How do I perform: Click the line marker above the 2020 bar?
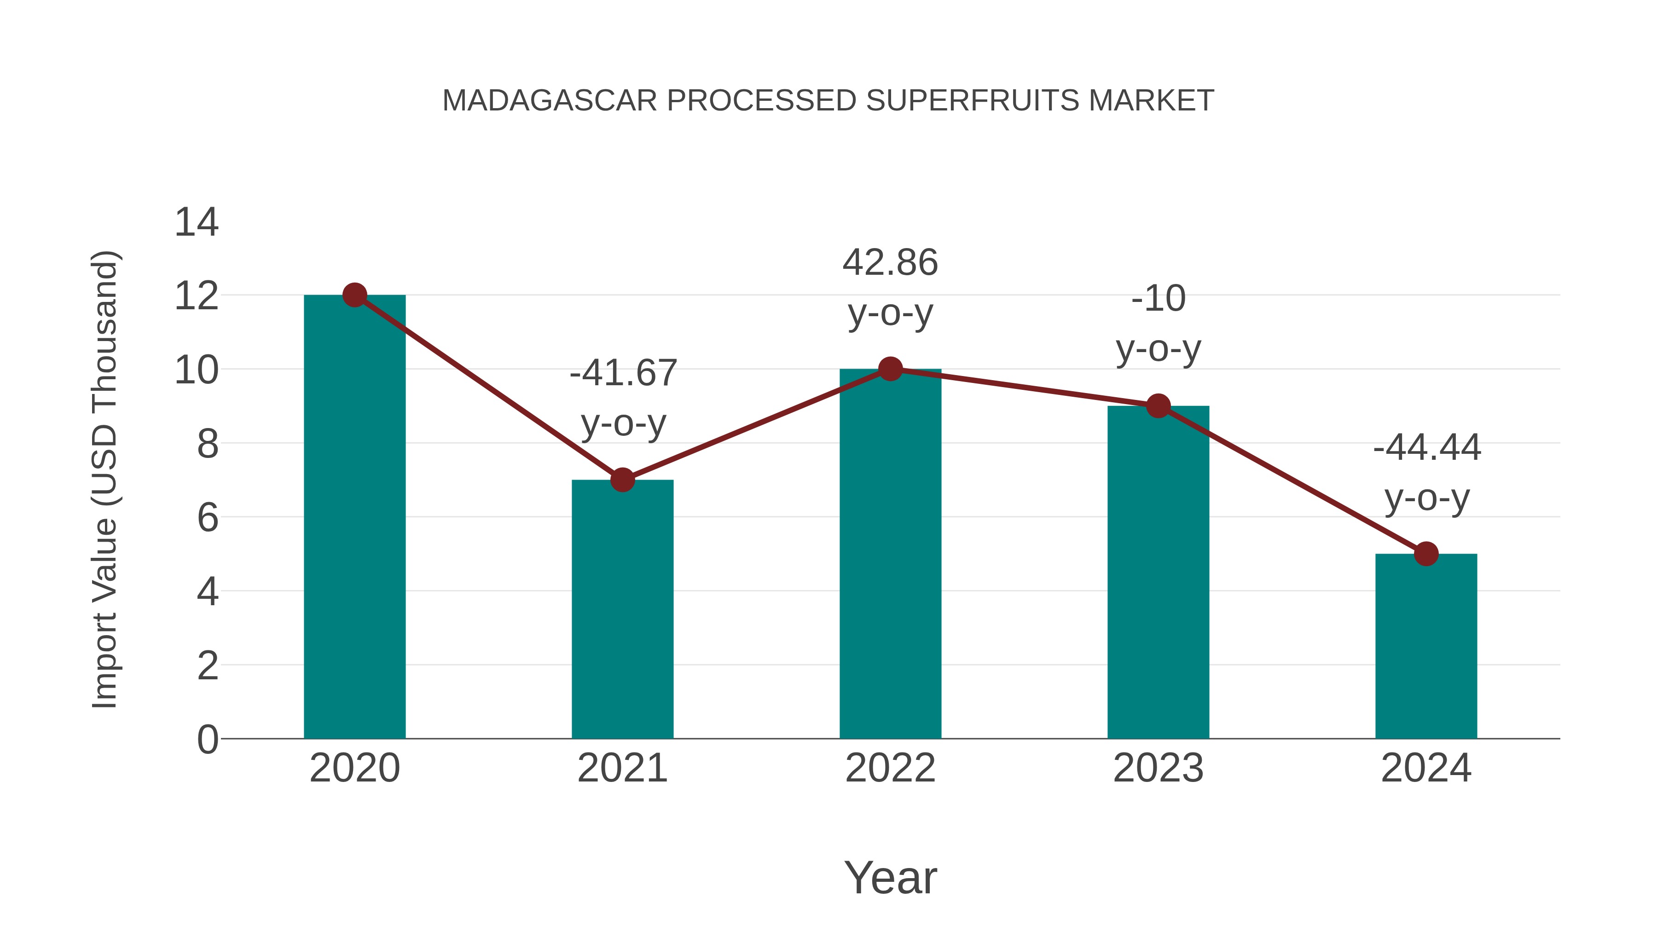click(354, 295)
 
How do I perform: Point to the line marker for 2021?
click(622, 480)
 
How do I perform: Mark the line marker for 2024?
click(1426, 554)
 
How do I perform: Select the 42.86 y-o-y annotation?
click(890, 288)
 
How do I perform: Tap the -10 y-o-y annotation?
click(1158, 324)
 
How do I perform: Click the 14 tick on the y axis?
click(196, 223)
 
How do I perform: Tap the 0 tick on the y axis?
click(207, 740)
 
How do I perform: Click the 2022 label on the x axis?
click(890, 768)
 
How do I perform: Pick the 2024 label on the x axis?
click(1426, 768)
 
